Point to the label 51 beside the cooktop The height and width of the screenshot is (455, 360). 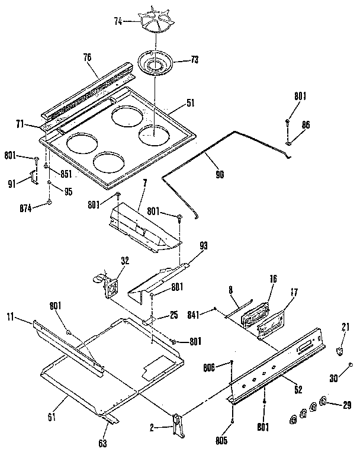click(x=190, y=102)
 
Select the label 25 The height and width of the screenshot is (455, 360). click(x=174, y=315)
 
